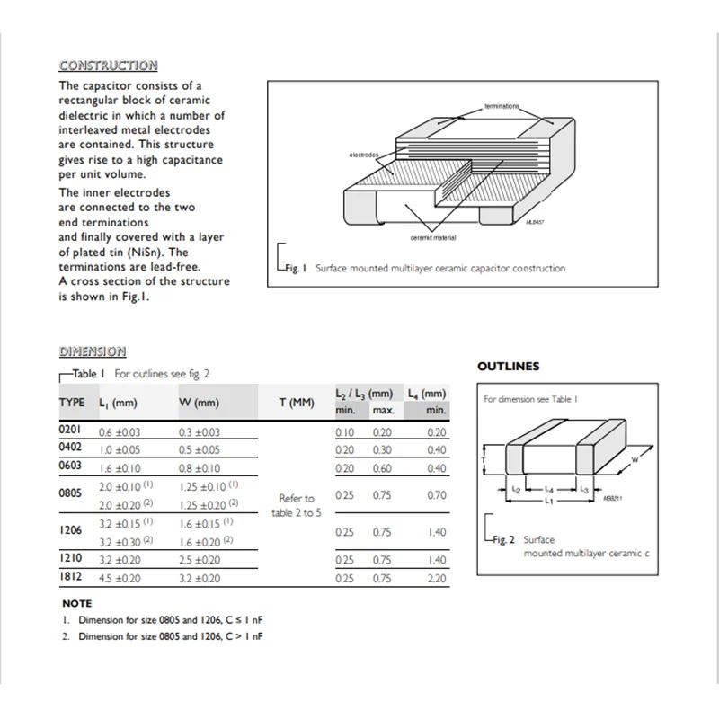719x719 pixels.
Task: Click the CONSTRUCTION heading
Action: point(108,66)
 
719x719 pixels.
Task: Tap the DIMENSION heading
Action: point(93,351)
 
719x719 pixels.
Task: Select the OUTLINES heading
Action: point(508,367)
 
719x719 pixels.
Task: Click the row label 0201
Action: point(70,431)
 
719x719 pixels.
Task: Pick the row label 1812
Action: point(70,578)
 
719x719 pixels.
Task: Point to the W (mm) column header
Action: point(199,403)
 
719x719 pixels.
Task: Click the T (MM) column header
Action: point(297,403)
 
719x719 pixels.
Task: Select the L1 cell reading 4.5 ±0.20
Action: point(120,579)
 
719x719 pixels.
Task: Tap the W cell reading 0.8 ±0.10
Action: point(200,467)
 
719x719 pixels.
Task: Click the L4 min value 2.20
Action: point(437,579)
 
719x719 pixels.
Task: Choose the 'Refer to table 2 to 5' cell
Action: point(297,505)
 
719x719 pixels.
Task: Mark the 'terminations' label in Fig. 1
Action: point(502,106)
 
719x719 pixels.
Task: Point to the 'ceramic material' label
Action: point(432,237)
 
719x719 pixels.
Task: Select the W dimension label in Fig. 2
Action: point(635,459)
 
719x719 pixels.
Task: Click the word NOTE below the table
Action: point(76,603)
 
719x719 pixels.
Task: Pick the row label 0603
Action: point(70,466)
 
